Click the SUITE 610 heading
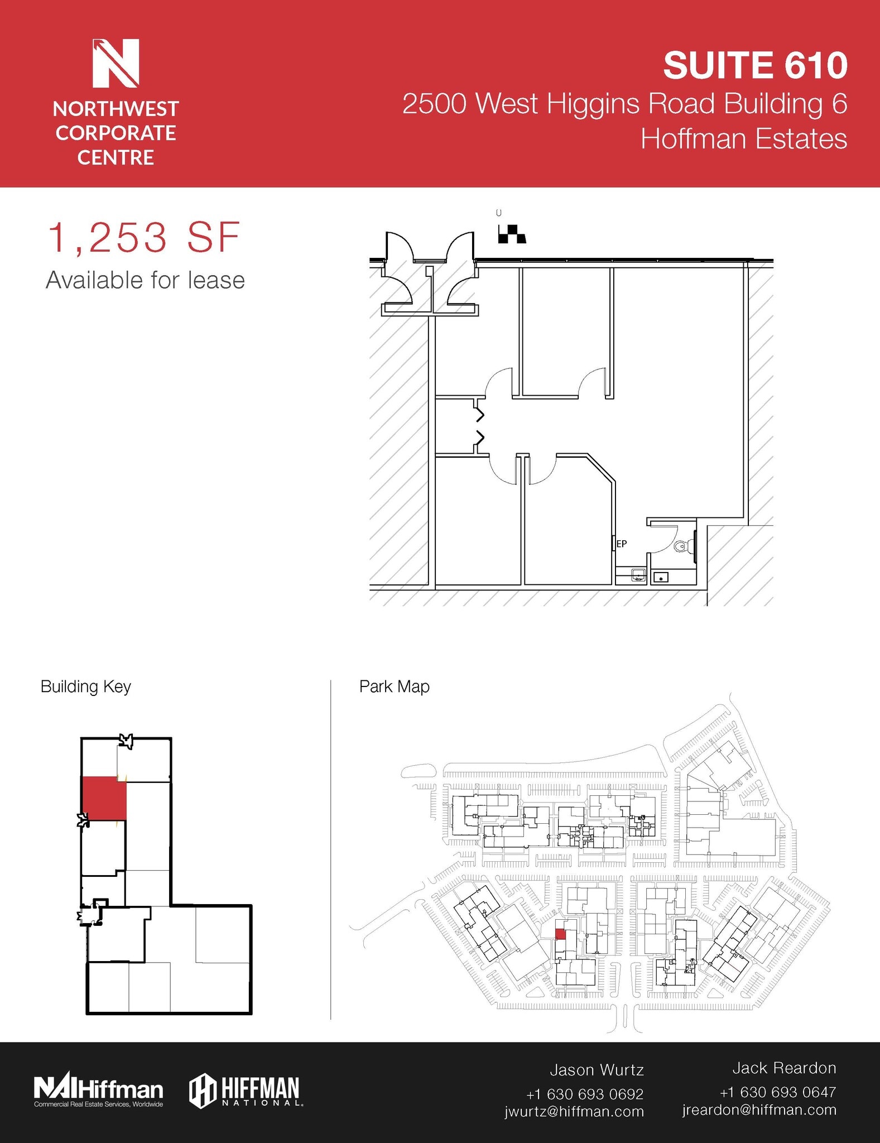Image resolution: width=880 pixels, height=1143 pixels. pyautogui.click(x=755, y=65)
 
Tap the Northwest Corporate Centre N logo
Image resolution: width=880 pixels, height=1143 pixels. pyautogui.click(x=116, y=63)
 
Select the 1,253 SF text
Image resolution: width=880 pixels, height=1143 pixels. pyautogui.click(x=145, y=238)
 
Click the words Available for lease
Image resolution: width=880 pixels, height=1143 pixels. pyautogui.click(x=145, y=280)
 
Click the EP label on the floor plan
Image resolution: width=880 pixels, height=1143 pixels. pyautogui.click(x=621, y=543)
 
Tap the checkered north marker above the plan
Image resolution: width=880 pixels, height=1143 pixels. pyautogui.click(x=512, y=234)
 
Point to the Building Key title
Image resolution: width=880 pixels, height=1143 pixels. pyautogui.click(x=85, y=686)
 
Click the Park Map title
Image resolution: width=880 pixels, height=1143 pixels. pyautogui.click(x=394, y=686)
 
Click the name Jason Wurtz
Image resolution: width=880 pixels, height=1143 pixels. pyautogui.click(x=597, y=1070)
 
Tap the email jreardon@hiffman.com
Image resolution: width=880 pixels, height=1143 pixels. pyautogui.click(x=759, y=1110)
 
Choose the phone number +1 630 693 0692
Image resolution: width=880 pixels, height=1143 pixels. pyautogui.click(x=584, y=1093)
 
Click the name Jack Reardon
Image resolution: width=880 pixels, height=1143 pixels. pyautogui.click(x=784, y=1068)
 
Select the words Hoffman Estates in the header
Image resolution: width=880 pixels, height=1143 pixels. pyautogui.click(x=743, y=138)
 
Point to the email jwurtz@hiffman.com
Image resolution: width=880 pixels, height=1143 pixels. pyautogui.click(x=574, y=1111)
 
